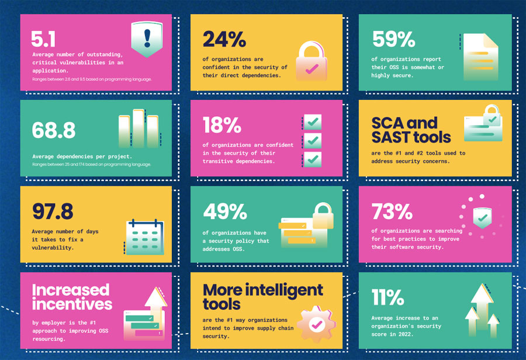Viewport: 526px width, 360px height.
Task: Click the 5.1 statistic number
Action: [43, 39]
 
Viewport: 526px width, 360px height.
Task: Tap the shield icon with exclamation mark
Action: [147, 39]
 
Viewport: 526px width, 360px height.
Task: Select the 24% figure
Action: [224, 39]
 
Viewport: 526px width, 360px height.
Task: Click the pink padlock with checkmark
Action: [312, 61]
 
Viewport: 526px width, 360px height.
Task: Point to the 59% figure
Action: [393, 39]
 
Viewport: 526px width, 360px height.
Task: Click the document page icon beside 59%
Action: [480, 57]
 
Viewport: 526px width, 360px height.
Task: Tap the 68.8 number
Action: [54, 130]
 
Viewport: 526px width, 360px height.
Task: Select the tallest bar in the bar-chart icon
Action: [139, 128]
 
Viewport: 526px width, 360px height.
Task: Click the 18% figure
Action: [222, 125]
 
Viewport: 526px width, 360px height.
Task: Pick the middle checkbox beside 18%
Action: [312, 141]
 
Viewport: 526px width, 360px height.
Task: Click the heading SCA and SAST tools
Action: [411, 130]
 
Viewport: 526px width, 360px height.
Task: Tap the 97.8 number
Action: [53, 212]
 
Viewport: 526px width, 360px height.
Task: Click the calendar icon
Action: [145, 237]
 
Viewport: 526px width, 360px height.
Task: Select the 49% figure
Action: [225, 212]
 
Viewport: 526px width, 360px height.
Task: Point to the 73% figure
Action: [392, 212]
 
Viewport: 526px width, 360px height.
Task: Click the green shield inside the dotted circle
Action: [482, 218]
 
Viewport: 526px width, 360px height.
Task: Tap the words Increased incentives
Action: [72, 297]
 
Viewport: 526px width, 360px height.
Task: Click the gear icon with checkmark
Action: [316, 324]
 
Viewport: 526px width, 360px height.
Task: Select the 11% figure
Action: [387, 297]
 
